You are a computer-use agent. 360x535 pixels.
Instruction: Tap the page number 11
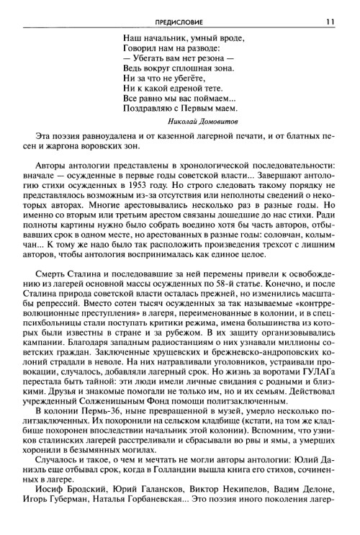(x=329, y=20)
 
